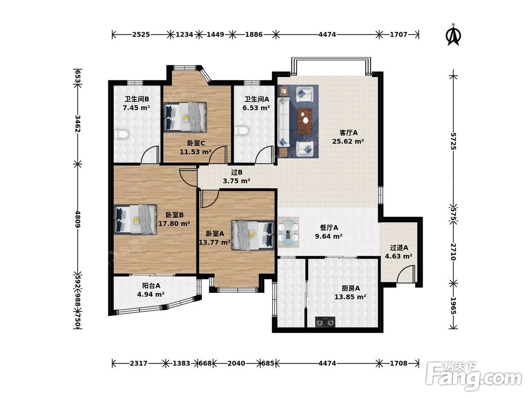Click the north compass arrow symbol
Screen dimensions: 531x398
tap(453, 34)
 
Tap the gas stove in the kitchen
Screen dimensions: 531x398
tap(325, 322)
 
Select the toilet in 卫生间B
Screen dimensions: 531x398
tap(121, 135)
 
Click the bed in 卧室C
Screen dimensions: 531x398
tap(185, 117)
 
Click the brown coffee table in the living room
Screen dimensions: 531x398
tap(305, 120)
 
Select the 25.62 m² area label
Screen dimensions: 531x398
tap(348, 142)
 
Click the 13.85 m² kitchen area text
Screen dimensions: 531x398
tap(350, 297)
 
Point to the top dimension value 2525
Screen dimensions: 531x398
tap(141, 34)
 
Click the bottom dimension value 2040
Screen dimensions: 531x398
tap(236, 363)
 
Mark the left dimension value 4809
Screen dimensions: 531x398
tap(78, 219)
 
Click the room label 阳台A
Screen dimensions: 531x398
tap(151, 286)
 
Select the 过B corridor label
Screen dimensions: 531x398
tap(237, 172)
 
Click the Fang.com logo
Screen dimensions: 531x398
tap(474, 375)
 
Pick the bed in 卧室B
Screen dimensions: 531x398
tap(136, 219)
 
